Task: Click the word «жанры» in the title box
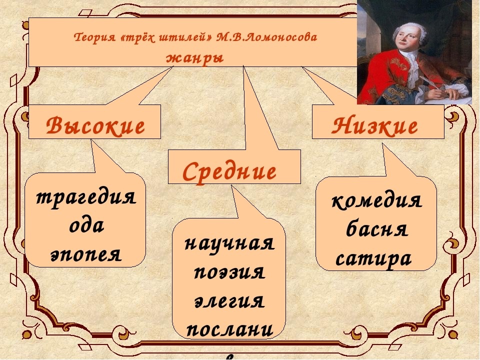tap(194, 57)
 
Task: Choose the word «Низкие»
tap(375, 127)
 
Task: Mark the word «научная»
tap(229, 245)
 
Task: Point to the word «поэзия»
tap(229, 273)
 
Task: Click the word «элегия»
tap(229, 302)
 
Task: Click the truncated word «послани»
tap(229, 330)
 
